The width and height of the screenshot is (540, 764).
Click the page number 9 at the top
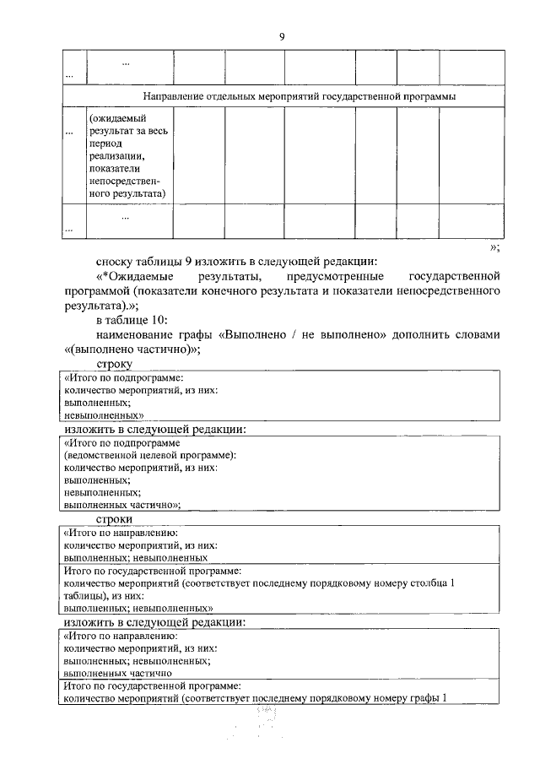pos(282,35)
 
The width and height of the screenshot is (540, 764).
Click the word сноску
pos(115,260)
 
